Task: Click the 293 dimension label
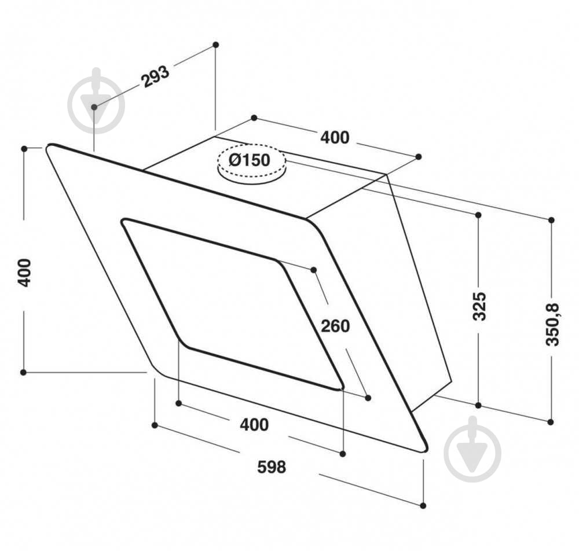pos(155,77)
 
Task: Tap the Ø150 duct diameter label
pos(250,160)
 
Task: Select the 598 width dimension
pos(272,466)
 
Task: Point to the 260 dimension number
pos(336,326)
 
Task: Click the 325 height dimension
pos(479,307)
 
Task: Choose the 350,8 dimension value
pos(552,324)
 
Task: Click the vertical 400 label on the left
pos(24,272)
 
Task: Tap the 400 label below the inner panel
pos(254,425)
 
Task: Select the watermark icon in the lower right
pos(472,449)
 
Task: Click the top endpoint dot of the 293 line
pos(215,45)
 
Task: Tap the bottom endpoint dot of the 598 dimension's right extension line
pos(423,505)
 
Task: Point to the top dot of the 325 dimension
pos(478,215)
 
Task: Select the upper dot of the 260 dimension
pos(314,270)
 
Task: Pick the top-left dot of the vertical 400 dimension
pos(24,149)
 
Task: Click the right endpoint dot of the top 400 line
pos(419,157)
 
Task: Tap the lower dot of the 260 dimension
pos(368,397)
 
